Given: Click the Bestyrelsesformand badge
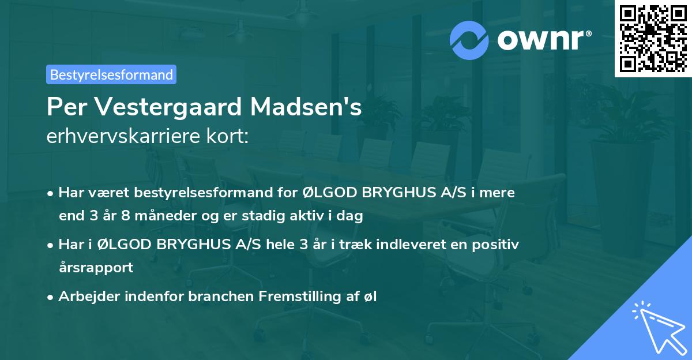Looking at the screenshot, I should (x=111, y=74).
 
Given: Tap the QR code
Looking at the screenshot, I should (x=653, y=38).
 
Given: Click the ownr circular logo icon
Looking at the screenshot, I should (x=469, y=40).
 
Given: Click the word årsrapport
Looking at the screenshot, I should (x=96, y=268).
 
